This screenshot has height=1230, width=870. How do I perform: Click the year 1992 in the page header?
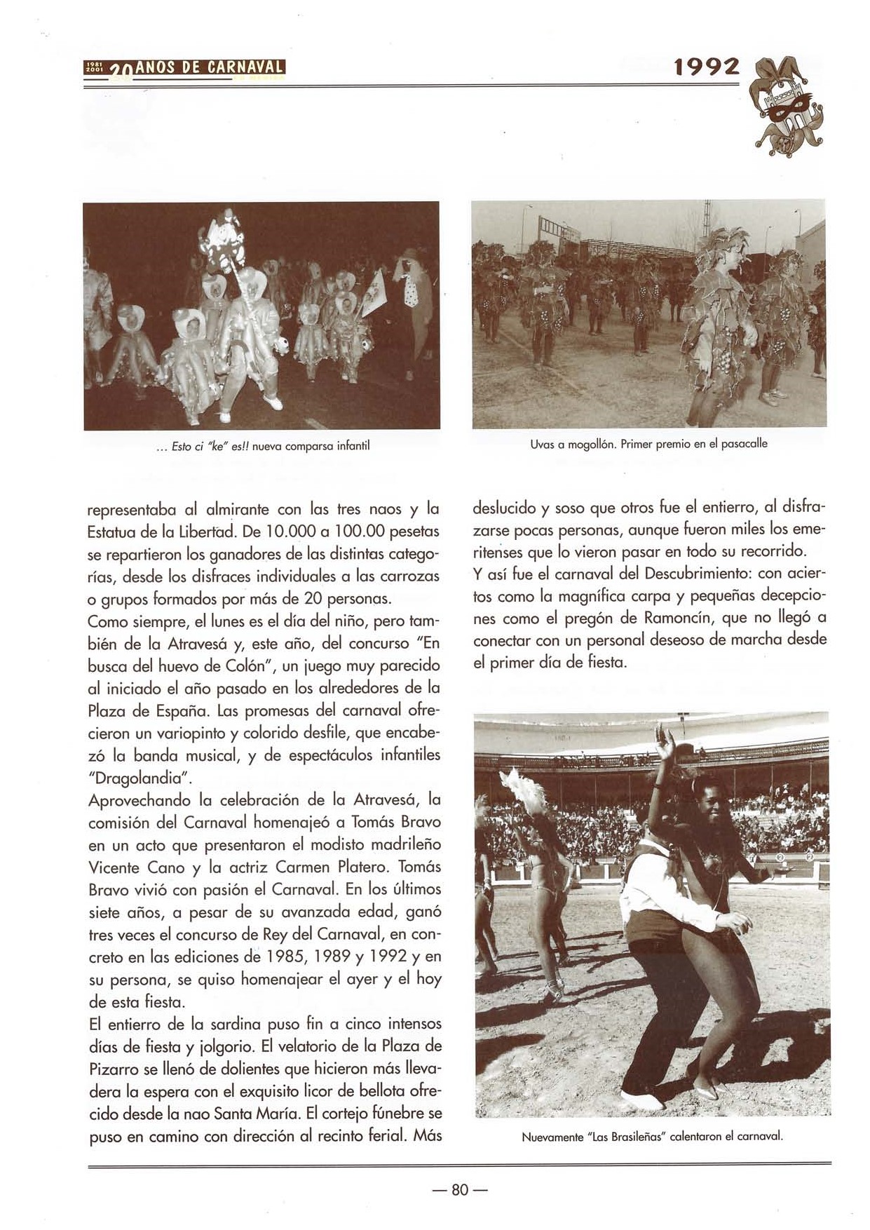[705, 67]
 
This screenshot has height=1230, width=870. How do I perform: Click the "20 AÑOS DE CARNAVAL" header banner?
[184, 68]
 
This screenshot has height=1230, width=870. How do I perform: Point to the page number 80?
[459, 1189]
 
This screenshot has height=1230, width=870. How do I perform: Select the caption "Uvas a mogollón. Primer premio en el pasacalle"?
[648, 444]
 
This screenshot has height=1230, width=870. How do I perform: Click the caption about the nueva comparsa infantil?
[262, 445]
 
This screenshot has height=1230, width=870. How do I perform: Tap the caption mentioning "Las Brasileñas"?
[651, 1137]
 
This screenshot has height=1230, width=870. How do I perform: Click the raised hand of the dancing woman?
[662, 741]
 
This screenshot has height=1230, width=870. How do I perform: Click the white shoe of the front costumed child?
[274, 404]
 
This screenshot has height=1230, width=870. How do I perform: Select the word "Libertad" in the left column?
[207, 532]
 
